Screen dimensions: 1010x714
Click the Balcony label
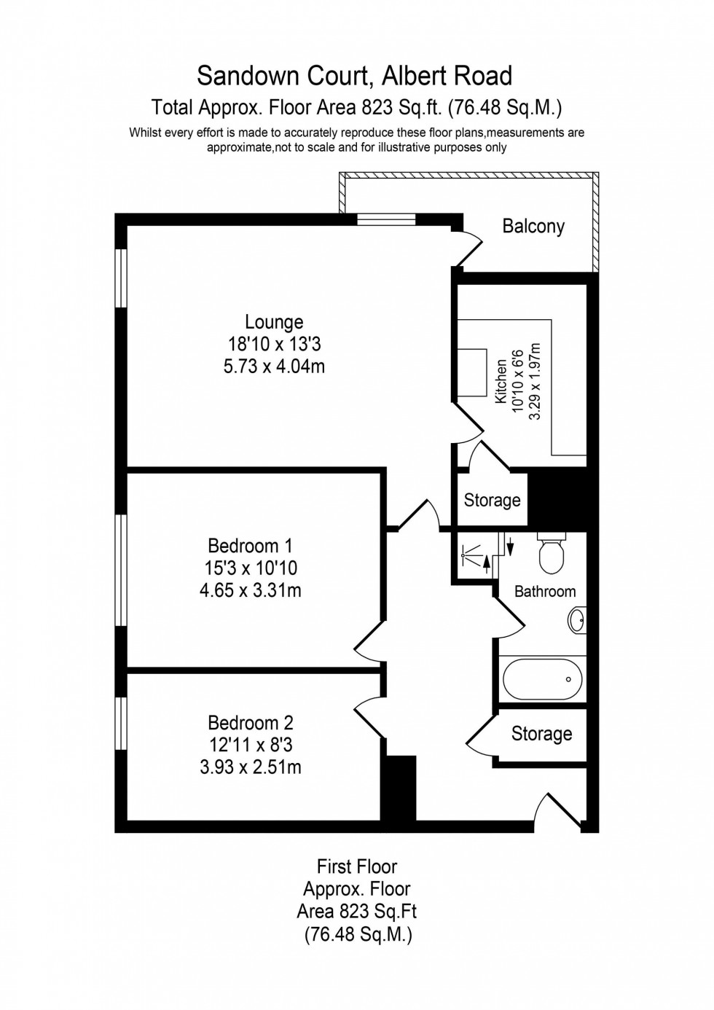(x=533, y=226)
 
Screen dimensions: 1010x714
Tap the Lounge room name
(x=274, y=321)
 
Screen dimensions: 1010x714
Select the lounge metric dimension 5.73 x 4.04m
(x=274, y=366)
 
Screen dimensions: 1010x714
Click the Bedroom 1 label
(x=250, y=545)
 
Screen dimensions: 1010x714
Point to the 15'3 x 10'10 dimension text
(x=250, y=568)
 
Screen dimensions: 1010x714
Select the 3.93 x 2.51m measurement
(x=250, y=767)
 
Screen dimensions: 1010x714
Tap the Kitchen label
(x=501, y=381)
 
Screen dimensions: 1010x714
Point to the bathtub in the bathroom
(x=542, y=678)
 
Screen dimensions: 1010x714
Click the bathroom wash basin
(x=577, y=620)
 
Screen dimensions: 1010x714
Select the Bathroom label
(x=545, y=591)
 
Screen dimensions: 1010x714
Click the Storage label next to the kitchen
(x=492, y=500)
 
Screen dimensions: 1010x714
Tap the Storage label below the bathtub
(x=541, y=733)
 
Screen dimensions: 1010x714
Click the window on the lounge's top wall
(x=386, y=219)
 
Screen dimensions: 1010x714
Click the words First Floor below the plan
(x=357, y=866)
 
